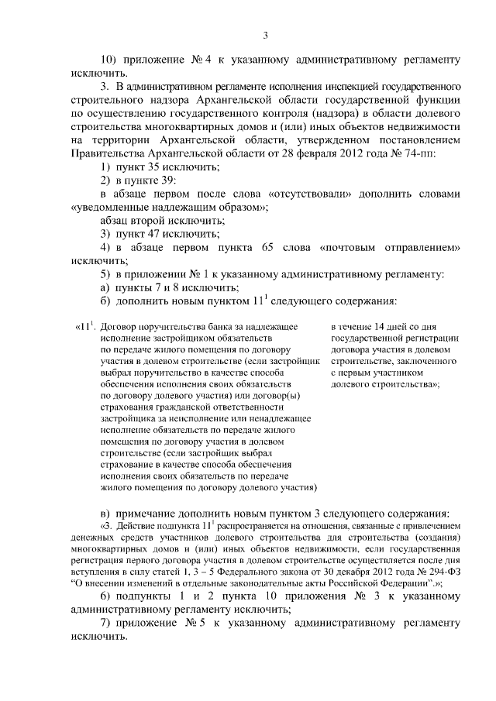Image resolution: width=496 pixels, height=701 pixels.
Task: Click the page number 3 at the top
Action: click(x=265, y=35)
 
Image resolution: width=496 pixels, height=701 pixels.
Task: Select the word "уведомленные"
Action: click(x=110, y=208)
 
